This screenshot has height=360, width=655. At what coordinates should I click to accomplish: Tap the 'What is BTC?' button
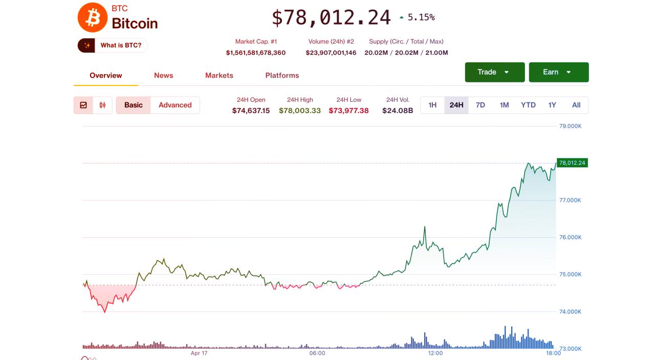[113, 46]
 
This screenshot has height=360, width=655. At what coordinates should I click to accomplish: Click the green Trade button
[494, 72]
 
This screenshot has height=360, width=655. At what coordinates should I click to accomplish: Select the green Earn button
[558, 72]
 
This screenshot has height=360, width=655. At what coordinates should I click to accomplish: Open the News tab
[163, 75]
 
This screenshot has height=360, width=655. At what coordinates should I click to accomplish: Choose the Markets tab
[219, 75]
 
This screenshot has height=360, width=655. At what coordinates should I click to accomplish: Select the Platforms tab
[282, 75]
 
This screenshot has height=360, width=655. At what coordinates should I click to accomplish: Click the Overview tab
[105, 75]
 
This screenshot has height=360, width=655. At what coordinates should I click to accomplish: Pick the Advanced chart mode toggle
[175, 105]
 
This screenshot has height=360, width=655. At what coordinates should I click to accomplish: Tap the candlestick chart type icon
[102, 105]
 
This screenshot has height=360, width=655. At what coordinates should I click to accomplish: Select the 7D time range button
[480, 105]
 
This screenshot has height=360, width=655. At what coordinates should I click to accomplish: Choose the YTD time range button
[528, 105]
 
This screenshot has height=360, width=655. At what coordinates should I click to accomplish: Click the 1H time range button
[432, 105]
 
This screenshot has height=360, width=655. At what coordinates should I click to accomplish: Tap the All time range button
[576, 105]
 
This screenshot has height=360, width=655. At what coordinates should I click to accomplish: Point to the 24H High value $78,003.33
[300, 110]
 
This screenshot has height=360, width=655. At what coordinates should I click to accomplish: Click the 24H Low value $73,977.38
[348, 110]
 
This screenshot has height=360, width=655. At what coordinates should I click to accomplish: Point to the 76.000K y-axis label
[570, 237]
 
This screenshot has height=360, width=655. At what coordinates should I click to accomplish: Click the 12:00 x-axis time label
[435, 353]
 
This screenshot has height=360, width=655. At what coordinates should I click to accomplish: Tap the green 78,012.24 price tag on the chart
[572, 163]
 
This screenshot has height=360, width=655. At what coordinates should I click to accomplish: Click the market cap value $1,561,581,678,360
[256, 53]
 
